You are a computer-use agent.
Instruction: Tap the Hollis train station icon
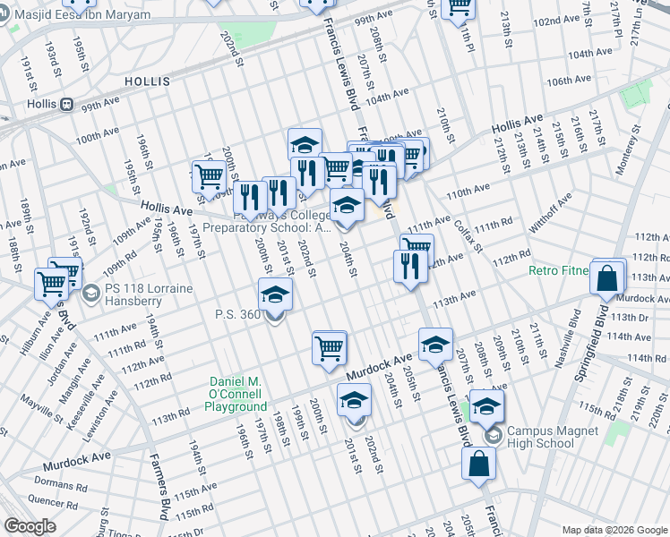point(66,104)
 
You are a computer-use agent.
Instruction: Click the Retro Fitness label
point(558,270)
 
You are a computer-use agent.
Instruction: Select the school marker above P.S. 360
point(276,294)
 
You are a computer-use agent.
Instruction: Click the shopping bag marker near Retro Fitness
point(606,278)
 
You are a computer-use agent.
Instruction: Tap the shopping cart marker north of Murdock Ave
point(329,347)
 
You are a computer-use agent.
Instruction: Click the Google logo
point(30,526)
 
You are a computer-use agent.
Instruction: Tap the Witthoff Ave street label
point(550,215)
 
